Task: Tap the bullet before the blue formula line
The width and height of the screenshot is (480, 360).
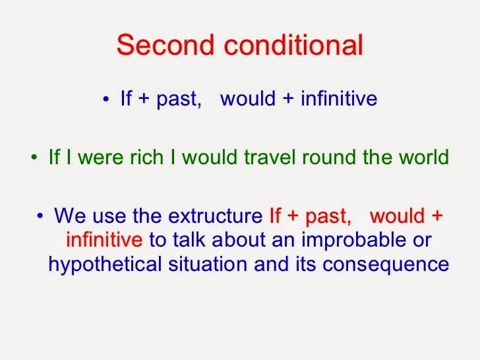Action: click(106, 100)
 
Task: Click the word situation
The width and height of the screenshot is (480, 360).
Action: click(206, 264)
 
